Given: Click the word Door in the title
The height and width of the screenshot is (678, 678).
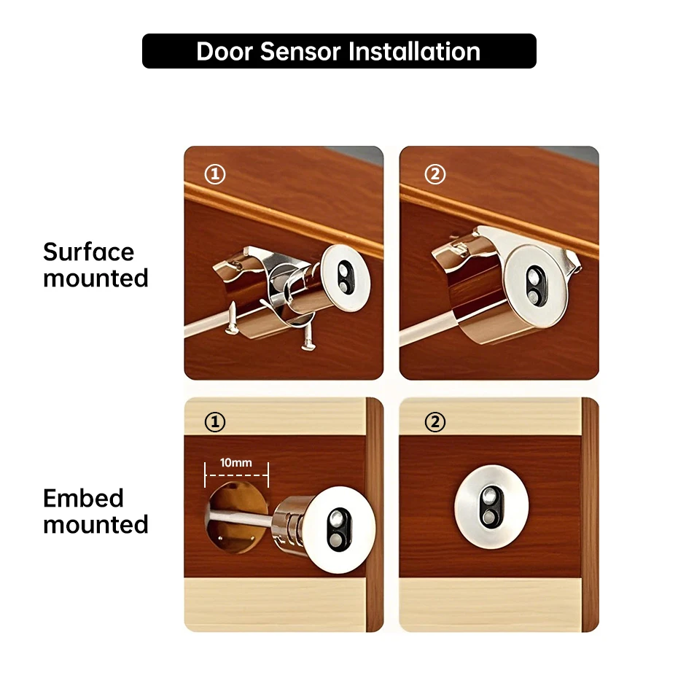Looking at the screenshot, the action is point(225,52).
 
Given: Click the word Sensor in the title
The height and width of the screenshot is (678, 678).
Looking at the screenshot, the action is point(300,52).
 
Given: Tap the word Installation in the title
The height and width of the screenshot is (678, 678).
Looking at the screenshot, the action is point(414,52).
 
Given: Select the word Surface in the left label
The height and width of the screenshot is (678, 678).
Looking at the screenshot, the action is point(89,252).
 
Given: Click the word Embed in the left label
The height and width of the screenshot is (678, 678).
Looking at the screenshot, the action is point(83,498).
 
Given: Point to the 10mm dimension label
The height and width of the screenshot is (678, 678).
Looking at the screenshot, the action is point(236,463).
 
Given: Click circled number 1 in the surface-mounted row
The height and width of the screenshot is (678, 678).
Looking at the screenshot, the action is point(215,174).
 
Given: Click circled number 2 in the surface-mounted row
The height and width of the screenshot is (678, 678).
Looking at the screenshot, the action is point(435,174).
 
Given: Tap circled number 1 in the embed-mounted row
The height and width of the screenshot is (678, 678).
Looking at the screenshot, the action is point(215,422).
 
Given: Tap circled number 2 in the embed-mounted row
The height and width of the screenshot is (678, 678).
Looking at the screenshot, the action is point(435,422).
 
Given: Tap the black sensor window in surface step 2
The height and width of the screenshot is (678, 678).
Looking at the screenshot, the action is point(536,285).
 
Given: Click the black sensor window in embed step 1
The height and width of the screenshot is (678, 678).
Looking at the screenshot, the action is point(340,531).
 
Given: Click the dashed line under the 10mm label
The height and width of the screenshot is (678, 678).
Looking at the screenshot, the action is point(236,475).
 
